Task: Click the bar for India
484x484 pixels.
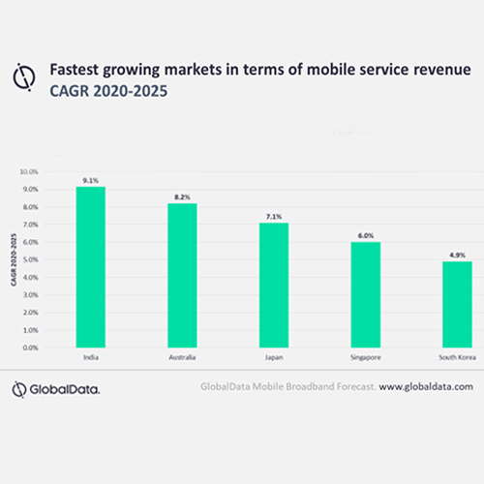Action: coord(90,267)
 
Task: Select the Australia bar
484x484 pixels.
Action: coord(182,275)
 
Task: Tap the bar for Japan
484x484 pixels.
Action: coord(273,285)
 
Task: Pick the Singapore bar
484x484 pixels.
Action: coord(365,294)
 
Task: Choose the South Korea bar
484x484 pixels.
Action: coord(456,304)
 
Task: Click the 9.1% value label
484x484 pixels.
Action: coord(90,179)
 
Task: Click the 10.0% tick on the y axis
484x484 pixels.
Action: coord(29,172)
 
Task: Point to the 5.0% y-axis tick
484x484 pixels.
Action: coord(30,259)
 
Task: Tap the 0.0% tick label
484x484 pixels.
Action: coord(30,348)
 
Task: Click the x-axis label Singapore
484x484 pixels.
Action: coord(365,358)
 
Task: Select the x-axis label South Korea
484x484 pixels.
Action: coord(455,358)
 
